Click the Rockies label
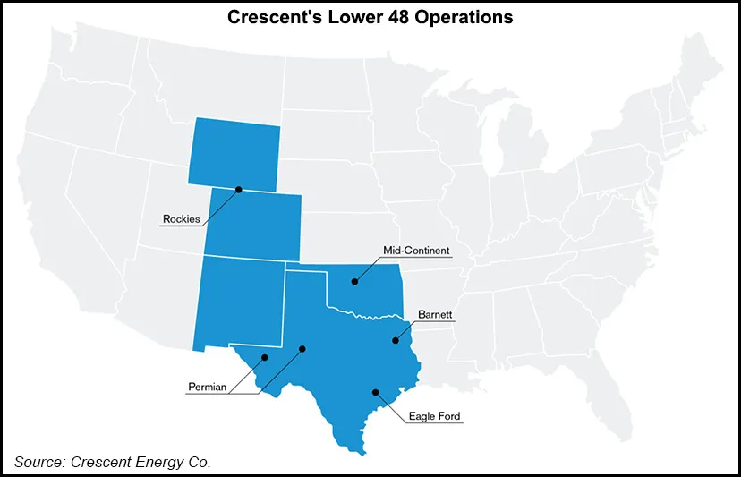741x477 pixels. (x=181, y=219)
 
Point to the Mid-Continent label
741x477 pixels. (x=416, y=251)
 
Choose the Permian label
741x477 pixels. (x=207, y=388)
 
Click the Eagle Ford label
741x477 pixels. (x=435, y=416)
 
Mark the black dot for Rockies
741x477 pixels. (x=239, y=189)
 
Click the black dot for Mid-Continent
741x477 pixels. (x=355, y=282)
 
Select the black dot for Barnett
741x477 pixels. (x=395, y=340)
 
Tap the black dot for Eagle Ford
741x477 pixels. (x=376, y=392)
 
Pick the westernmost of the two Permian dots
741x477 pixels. (x=265, y=358)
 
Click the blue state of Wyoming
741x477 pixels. (x=234, y=152)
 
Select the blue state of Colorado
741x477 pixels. (x=253, y=224)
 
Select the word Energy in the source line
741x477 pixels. (x=160, y=462)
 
